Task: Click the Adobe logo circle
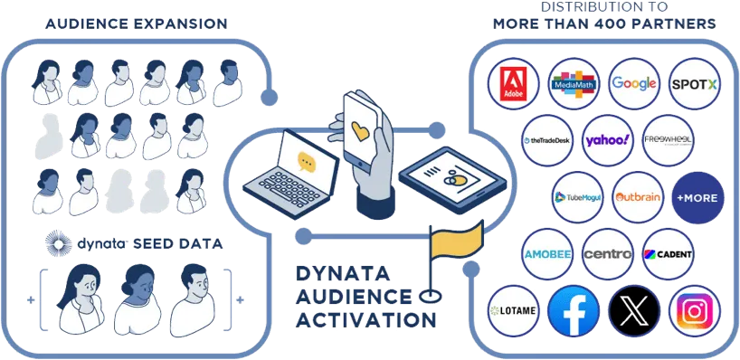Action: (513, 83)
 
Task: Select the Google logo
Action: (633, 83)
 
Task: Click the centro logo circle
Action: (607, 254)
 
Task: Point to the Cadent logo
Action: (669, 254)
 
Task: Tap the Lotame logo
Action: (513, 310)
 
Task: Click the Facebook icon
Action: (574, 310)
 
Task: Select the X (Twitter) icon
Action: (633, 310)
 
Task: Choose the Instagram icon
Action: (695, 310)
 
